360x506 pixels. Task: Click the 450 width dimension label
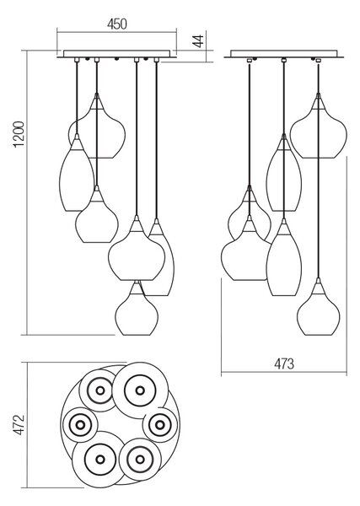pyautogui.click(x=117, y=24)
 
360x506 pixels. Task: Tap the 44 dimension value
pyautogui.click(x=199, y=41)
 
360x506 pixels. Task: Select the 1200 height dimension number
pyautogui.click(x=19, y=134)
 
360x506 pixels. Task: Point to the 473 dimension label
pyautogui.click(x=284, y=364)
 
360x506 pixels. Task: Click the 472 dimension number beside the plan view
pyautogui.click(x=19, y=425)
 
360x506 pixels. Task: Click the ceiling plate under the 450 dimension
pyautogui.click(x=117, y=54)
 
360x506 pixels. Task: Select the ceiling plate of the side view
pyautogui.click(x=284, y=54)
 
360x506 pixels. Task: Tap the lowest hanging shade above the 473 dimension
pyautogui.click(x=319, y=307)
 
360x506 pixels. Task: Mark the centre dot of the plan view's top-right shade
pyautogui.click(x=140, y=390)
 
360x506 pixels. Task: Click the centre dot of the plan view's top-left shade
pyautogui.click(x=100, y=390)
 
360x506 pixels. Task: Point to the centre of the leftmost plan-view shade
pyautogui.click(x=80, y=425)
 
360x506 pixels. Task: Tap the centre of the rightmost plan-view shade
pyautogui.click(x=159, y=425)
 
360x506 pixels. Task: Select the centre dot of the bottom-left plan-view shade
pyautogui.click(x=100, y=460)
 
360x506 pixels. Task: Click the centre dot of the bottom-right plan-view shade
pyautogui.click(x=140, y=460)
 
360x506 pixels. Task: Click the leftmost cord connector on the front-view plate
pyautogui.click(x=77, y=60)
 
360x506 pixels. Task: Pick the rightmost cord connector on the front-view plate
pyautogui.click(x=157, y=60)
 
